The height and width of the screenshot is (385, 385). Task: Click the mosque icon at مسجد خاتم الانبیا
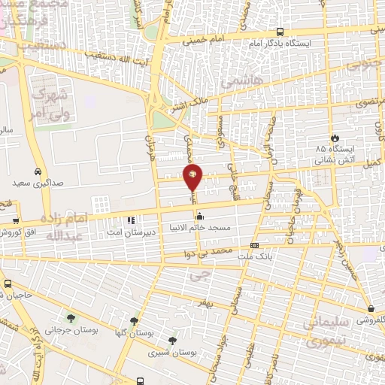[x=199, y=217]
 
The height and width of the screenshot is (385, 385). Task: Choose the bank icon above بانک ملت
[x=254, y=244]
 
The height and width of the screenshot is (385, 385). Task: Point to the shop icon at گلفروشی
[x=371, y=308]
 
